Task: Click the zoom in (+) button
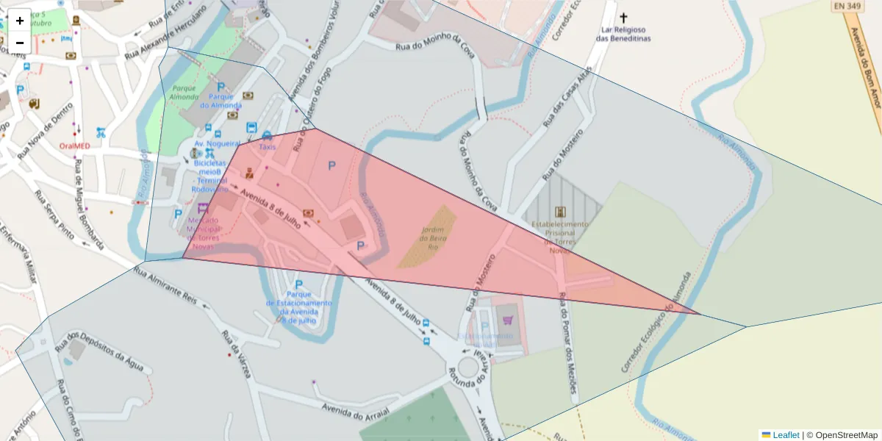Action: [20, 21]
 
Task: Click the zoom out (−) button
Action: [20, 43]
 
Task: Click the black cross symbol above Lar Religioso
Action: [624, 18]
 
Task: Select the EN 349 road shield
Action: [847, 7]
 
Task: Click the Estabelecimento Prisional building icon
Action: [561, 212]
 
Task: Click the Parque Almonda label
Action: [183, 93]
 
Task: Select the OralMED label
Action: [75, 146]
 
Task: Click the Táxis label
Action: [267, 147]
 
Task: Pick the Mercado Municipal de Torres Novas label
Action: [204, 229]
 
